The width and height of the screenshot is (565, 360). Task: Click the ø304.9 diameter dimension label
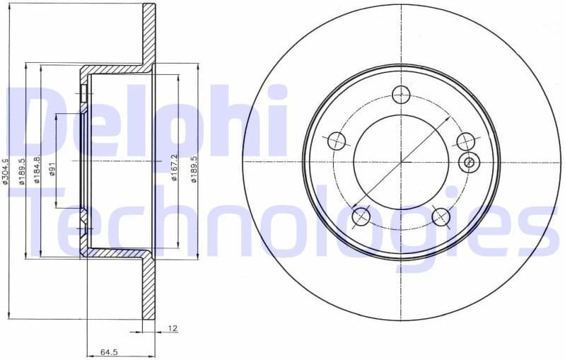coord(6,171)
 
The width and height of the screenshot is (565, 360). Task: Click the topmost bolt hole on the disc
coord(401,93)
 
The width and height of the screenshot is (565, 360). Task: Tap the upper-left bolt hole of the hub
coord(337,140)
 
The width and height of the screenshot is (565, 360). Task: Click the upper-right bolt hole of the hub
coord(465,140)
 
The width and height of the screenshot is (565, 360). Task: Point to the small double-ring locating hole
coord(467,162)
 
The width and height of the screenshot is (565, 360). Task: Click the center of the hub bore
coord(401,162)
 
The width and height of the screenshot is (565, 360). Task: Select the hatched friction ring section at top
coord(148,35)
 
